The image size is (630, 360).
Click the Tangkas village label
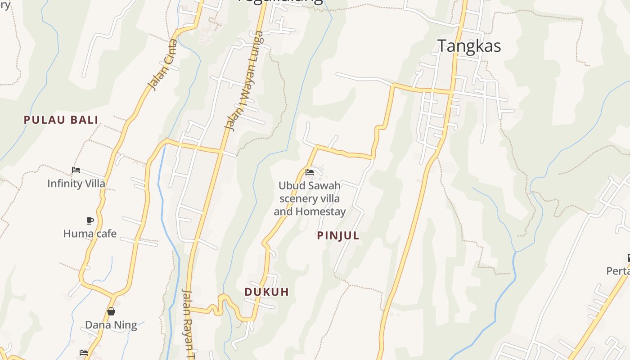click(x=469, y=46)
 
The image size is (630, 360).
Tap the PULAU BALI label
click(x=61, y=120)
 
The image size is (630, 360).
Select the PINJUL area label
click(x=338, y=235)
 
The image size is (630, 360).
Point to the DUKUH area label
click(x=266, y=292)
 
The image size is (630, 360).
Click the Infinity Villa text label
click(x=76, y=184)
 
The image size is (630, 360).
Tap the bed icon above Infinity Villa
click(x=76, y=170)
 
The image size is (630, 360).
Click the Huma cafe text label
click(x=90, y=234)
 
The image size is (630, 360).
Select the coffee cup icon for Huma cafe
click(x=90, y=220)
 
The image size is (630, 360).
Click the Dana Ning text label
click(x=111, y=325)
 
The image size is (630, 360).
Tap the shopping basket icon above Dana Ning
click(x=111, y=311)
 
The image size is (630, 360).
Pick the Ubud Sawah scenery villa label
click(x=310, y=198)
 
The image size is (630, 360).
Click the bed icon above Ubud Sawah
click(x=309, y=172)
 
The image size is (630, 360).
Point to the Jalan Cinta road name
click(x=163, y=71)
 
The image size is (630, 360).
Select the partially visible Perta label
click(x=618, y=271)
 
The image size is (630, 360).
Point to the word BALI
click(x=84, y=120)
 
